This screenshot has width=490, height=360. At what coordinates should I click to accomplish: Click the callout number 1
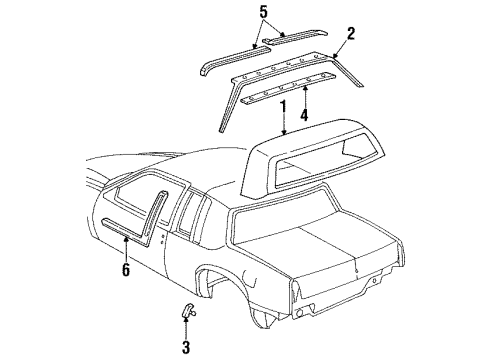point(283,105)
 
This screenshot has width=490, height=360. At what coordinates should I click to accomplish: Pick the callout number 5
point(263,13)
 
